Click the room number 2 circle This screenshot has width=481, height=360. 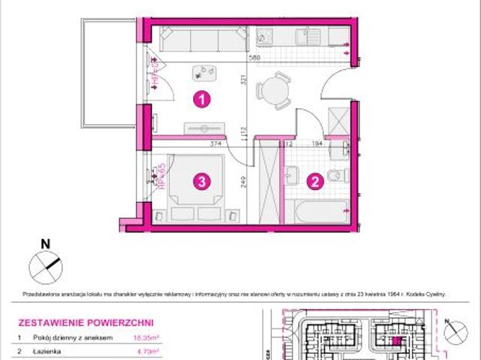coord(316,180)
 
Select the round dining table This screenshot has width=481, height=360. coord(274,89)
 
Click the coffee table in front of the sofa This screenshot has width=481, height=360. coord(204,72)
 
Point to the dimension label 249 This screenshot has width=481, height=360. coord(244,180)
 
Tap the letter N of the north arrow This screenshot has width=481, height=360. coord(44,243)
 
